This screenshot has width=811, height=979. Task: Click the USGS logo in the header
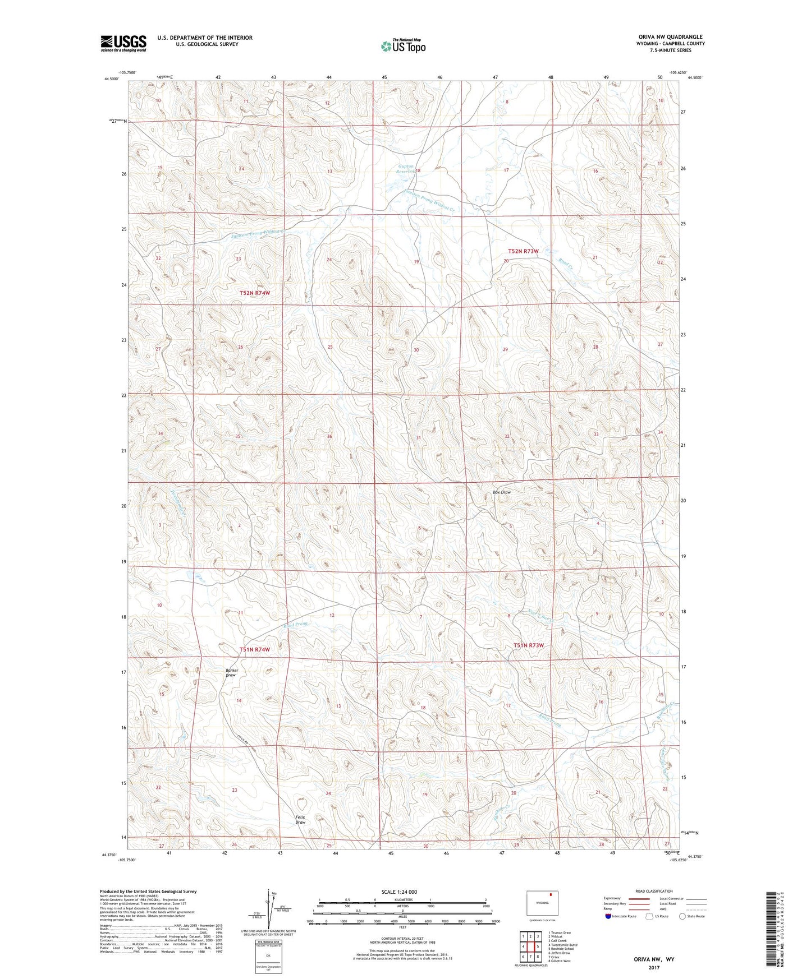(123, 43)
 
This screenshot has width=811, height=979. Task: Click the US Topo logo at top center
(402, 46)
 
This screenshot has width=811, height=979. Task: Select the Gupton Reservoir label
(406, 169)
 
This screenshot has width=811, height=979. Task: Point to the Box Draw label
(502, 492)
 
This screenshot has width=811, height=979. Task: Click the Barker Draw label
(231, 672)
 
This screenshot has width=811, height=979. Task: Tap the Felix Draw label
(300, 820)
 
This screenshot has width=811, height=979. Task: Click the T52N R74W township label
(255, 293)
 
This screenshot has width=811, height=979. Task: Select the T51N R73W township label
(529, 645)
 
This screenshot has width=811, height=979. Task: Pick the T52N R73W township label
(523, 251)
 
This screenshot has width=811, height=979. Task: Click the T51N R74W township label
(255, 649)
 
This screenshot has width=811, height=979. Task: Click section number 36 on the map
(329, 436)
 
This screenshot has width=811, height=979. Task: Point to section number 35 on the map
(238, 436)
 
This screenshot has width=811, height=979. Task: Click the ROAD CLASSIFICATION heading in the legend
(654, 891)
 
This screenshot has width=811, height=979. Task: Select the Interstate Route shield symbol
(609, 916)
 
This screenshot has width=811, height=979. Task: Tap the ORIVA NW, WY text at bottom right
(654, 959)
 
